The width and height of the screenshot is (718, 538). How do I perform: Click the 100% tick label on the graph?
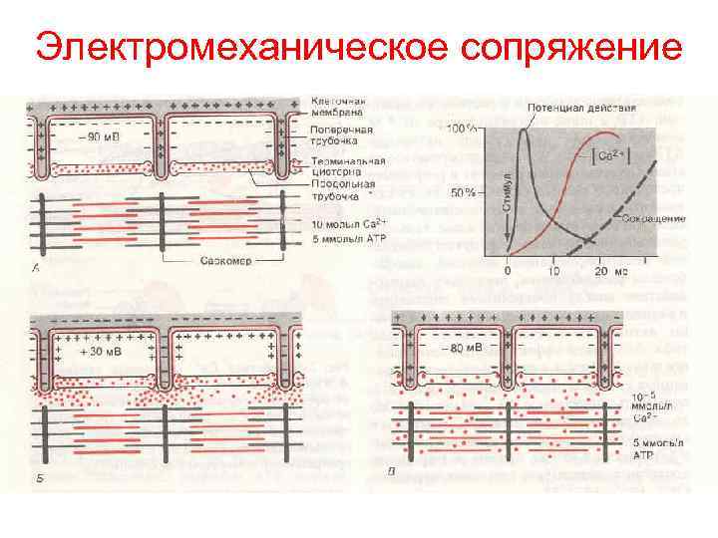pyautogui.click(x=460, y=129)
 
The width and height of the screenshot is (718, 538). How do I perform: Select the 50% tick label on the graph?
pyautogui.click(x=463, y=191)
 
